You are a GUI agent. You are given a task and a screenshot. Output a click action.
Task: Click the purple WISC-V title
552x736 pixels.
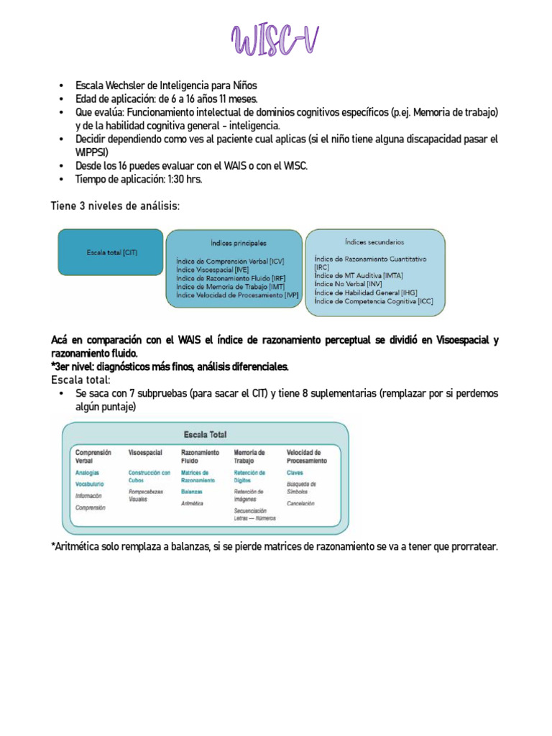click(x=275, y=41)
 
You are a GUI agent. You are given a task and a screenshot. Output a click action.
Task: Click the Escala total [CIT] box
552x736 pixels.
click(x=110, y=252)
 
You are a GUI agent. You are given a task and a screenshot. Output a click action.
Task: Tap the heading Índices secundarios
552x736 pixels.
click(x=374, y=242)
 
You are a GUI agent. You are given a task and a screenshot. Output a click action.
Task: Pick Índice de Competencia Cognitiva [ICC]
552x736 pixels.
click(x=374, y=302)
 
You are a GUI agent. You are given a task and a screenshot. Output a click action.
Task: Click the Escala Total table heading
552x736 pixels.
click(x=205, y=435)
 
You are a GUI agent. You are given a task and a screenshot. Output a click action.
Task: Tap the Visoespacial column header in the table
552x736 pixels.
click(x=145, y=453)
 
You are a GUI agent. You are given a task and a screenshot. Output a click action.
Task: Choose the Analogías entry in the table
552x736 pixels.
click(x=88, y=473)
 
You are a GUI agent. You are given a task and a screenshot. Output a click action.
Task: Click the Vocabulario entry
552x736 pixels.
click(x=90, y=484)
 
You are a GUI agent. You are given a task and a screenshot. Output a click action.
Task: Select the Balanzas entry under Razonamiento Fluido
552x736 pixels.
click(x=192, y=492)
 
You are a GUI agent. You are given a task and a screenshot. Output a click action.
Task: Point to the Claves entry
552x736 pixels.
click(x=295, y=473)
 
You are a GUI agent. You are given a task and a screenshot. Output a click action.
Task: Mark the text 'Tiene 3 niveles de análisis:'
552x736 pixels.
click(x=115, y=206)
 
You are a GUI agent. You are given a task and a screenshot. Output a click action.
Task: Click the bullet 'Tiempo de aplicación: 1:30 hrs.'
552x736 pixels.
click(x=139, y=179)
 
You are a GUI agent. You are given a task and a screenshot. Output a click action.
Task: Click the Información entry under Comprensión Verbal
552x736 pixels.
click(x=89, y=496)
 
